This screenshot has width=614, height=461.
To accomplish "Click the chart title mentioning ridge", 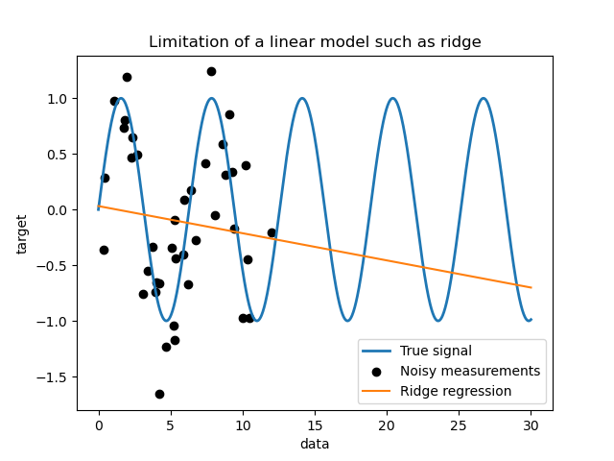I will tap(316, 41).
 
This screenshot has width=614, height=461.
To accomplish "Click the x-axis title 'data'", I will tap(315, 444).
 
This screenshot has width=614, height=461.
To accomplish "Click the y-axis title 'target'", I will tap(22, 233).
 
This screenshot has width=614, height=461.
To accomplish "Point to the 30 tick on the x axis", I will tap(531, 424).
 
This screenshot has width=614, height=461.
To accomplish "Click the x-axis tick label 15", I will tap(315, 424).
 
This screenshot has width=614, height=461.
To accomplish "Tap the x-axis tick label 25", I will tap(459, 424).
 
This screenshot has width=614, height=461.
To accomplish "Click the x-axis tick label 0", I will tap(98, 424).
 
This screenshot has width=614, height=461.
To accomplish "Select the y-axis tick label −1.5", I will tap(56, 376).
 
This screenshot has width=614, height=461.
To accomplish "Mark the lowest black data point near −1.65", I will tap(159, 394).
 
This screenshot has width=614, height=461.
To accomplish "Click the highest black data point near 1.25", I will tap(211, 71).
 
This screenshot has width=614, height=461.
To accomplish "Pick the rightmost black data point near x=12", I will tap(272, 232).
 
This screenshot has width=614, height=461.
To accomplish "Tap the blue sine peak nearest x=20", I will tap(392, 98).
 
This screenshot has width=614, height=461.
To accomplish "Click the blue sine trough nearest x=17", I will tap(347, 321).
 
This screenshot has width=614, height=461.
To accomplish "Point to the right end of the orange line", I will tap(531, 287).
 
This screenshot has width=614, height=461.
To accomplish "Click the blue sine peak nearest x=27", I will tap(483, 98).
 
